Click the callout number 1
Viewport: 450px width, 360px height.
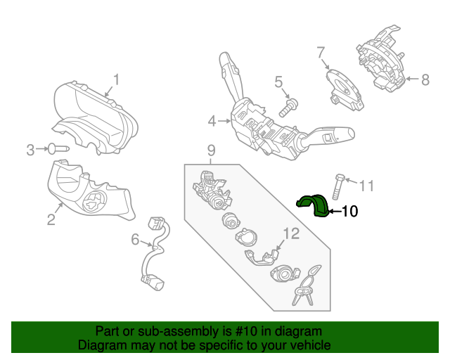pos(117,80)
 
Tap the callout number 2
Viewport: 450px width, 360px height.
pos(51,220)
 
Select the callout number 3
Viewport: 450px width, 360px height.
pos(30,149)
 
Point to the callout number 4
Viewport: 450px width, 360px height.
pos(212,122)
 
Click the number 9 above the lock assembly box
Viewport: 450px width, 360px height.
pos(210,150)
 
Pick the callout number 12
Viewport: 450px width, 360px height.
pos(290,232)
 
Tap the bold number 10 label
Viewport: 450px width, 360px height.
pos(349,210)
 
